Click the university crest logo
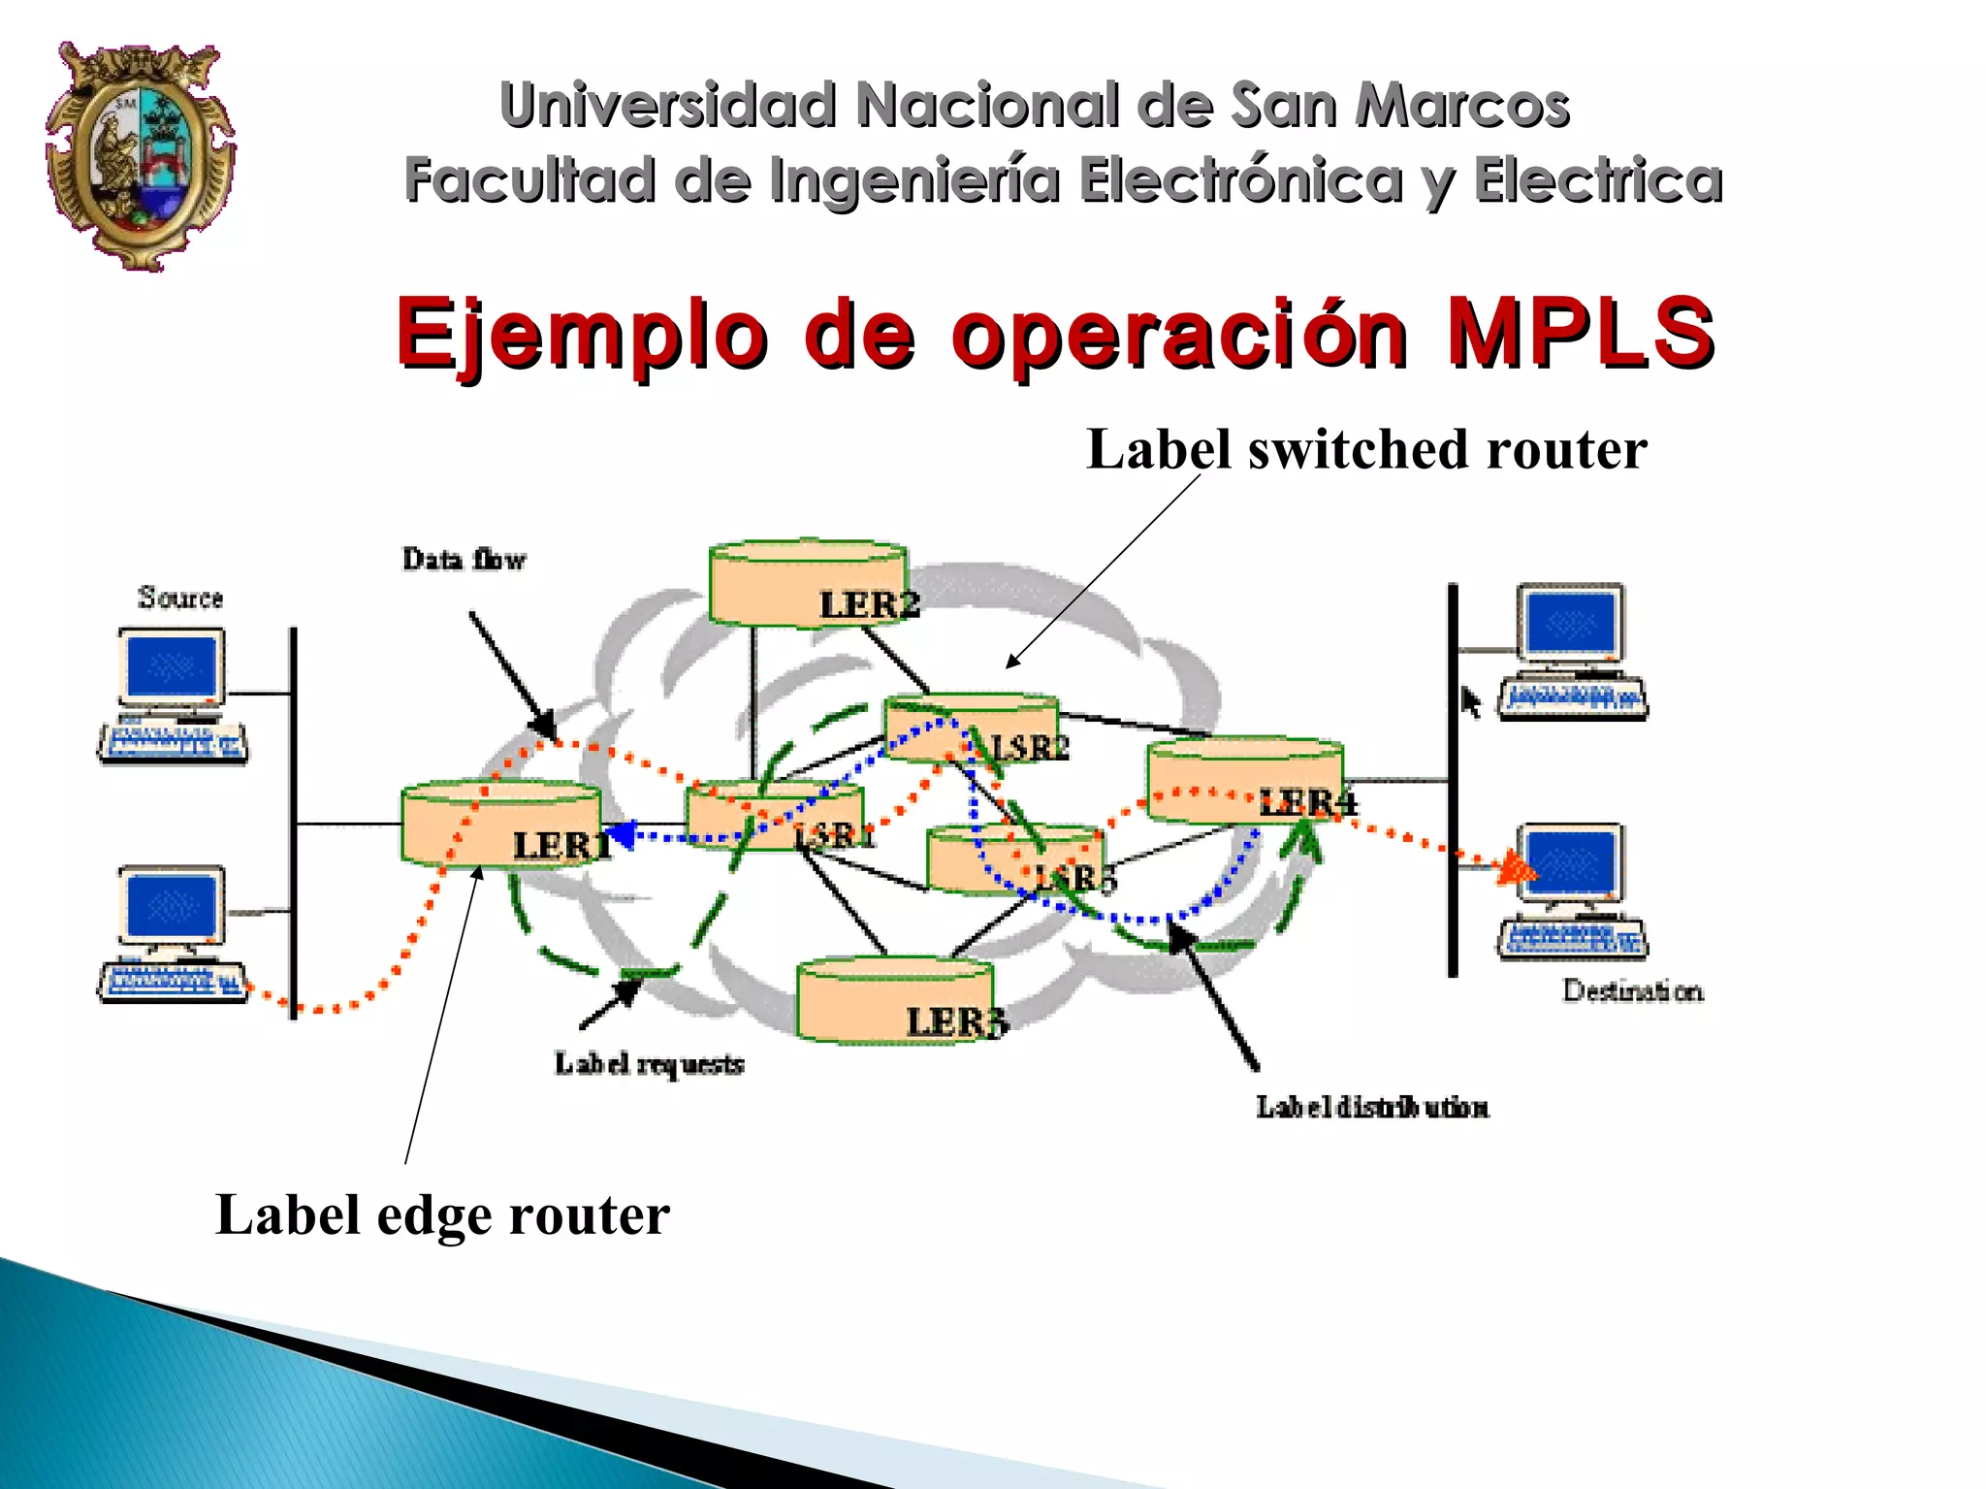click(140, 155)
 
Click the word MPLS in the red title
click(1580, 332)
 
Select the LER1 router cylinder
click(500, 825)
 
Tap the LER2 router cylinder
click(807, 583)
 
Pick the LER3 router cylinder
click(894, 1000)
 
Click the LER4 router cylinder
click(1244, 781)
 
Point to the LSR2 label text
click(1030, 748)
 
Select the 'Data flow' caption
click(464, 560)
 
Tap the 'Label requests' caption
click(649, 1064)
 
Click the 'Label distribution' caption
click(1372, 1107)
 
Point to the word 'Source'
click(180, 598)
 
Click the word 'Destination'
click(1632, 990)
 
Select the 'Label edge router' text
click(442, 1214)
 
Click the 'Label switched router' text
click(1365, 450)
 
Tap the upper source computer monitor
click(172, 666)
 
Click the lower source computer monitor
click(172, 905)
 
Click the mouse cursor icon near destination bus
click(1471, 701)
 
